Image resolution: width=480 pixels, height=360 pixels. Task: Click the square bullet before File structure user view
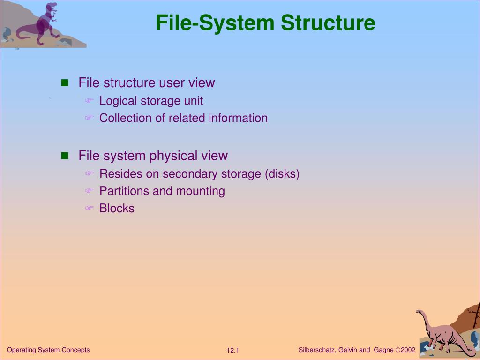(x=65, y=83)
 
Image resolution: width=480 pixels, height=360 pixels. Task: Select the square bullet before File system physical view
(x=65, y=156)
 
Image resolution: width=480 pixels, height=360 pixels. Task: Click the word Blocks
(x=117, y=209)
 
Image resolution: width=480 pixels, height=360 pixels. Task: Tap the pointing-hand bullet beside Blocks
(x=90, y=209)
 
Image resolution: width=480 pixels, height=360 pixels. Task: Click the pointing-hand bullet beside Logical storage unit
(x=90, y=101)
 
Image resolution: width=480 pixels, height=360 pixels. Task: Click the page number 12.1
(x=233, y=351)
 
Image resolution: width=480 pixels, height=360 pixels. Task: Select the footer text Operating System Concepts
(x=48, y=350)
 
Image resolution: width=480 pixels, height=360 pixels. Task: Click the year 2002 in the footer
(x=408, y=350)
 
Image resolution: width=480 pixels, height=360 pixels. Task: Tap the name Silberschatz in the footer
(x=316, y=350)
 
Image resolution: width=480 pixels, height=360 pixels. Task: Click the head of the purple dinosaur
(x=52, y=7)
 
